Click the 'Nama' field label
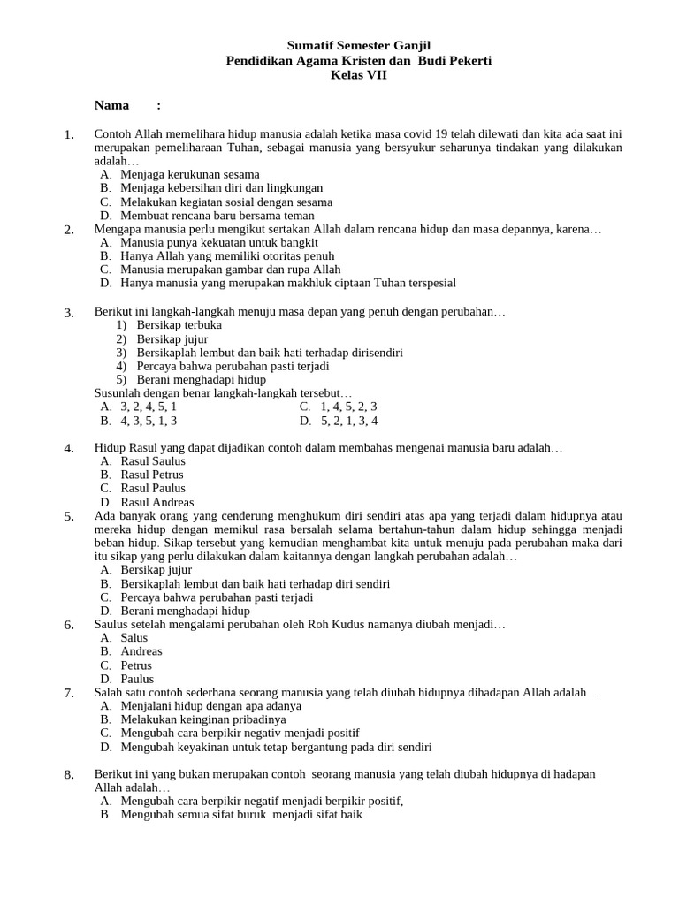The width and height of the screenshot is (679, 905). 112,105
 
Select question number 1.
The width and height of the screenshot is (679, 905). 69,134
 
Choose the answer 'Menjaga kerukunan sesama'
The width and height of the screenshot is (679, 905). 189,174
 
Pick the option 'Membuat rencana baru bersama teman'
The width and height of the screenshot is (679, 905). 217,215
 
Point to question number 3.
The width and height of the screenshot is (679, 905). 69,312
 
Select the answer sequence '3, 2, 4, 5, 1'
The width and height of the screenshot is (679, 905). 148,407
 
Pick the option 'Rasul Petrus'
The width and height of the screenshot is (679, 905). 151,475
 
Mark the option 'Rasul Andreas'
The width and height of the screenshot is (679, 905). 156,502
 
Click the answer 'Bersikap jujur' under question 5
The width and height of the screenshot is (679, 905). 156,570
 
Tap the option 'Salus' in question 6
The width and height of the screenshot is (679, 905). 134,637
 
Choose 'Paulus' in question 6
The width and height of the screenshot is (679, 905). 136,679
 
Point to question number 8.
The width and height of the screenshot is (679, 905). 69,775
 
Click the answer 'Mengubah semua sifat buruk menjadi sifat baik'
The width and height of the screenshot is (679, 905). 241,814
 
